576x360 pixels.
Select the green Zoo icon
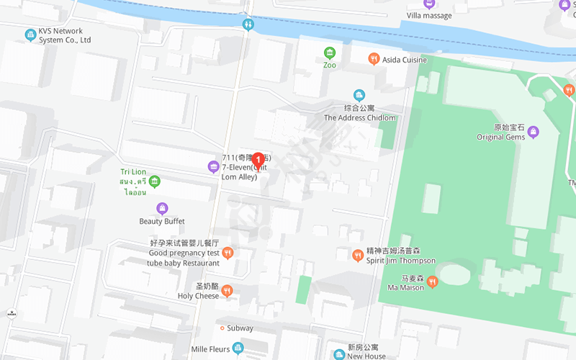[x=330, y=53]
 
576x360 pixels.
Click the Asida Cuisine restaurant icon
[x=373, y=60]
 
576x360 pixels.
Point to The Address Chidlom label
[x=360, y=117]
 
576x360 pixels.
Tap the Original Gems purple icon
[x=533, y=131]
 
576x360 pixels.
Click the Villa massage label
[x=429, y=16]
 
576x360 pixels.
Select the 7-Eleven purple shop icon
[x=213, y=167]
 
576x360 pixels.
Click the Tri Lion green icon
[x=155, y=181]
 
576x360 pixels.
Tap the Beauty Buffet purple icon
[x=162, y=209]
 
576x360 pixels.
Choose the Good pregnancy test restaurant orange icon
[x=228, y=252]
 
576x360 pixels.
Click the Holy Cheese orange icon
[x=227, y=291]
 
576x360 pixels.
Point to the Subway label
[x=240, y=328]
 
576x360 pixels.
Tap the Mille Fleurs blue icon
[x=238, y=348]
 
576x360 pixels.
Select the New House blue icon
[x=339, y=354]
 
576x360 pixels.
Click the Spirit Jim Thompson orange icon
[x=357, y=255]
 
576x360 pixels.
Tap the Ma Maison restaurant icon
[x=432, y=282]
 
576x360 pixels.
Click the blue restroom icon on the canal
[x=248, y=24]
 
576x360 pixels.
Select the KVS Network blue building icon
[x=30, y=35]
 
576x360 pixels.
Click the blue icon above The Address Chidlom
[x=359, y=95]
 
